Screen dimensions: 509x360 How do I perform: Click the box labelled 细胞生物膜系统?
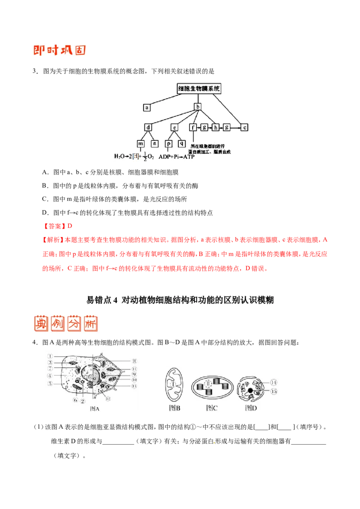pos(199,89)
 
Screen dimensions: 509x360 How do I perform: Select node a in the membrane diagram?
pos(147,107)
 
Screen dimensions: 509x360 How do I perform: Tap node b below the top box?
pos(198,107)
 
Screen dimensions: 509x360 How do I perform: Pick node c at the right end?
pos(244,127)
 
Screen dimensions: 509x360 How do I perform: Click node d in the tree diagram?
pos(148,127)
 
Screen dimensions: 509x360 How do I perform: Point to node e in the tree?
pos(175,127)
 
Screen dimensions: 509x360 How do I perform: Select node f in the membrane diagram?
pos(193,127)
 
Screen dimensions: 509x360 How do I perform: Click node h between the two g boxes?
pos(216,127)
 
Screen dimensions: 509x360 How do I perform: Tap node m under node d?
pos(141,143)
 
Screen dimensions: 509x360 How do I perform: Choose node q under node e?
pos(182,143)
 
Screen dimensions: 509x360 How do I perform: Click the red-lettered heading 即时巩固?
pos(59,49)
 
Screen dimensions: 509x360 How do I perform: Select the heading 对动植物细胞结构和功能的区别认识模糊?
pos(198,299)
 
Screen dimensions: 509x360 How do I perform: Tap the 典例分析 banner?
pos(65,324)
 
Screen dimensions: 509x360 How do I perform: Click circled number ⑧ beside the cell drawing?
pos(134,361)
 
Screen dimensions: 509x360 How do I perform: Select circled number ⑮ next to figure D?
pos(273,392)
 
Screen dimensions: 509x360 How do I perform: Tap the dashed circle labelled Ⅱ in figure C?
pos(208,384)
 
